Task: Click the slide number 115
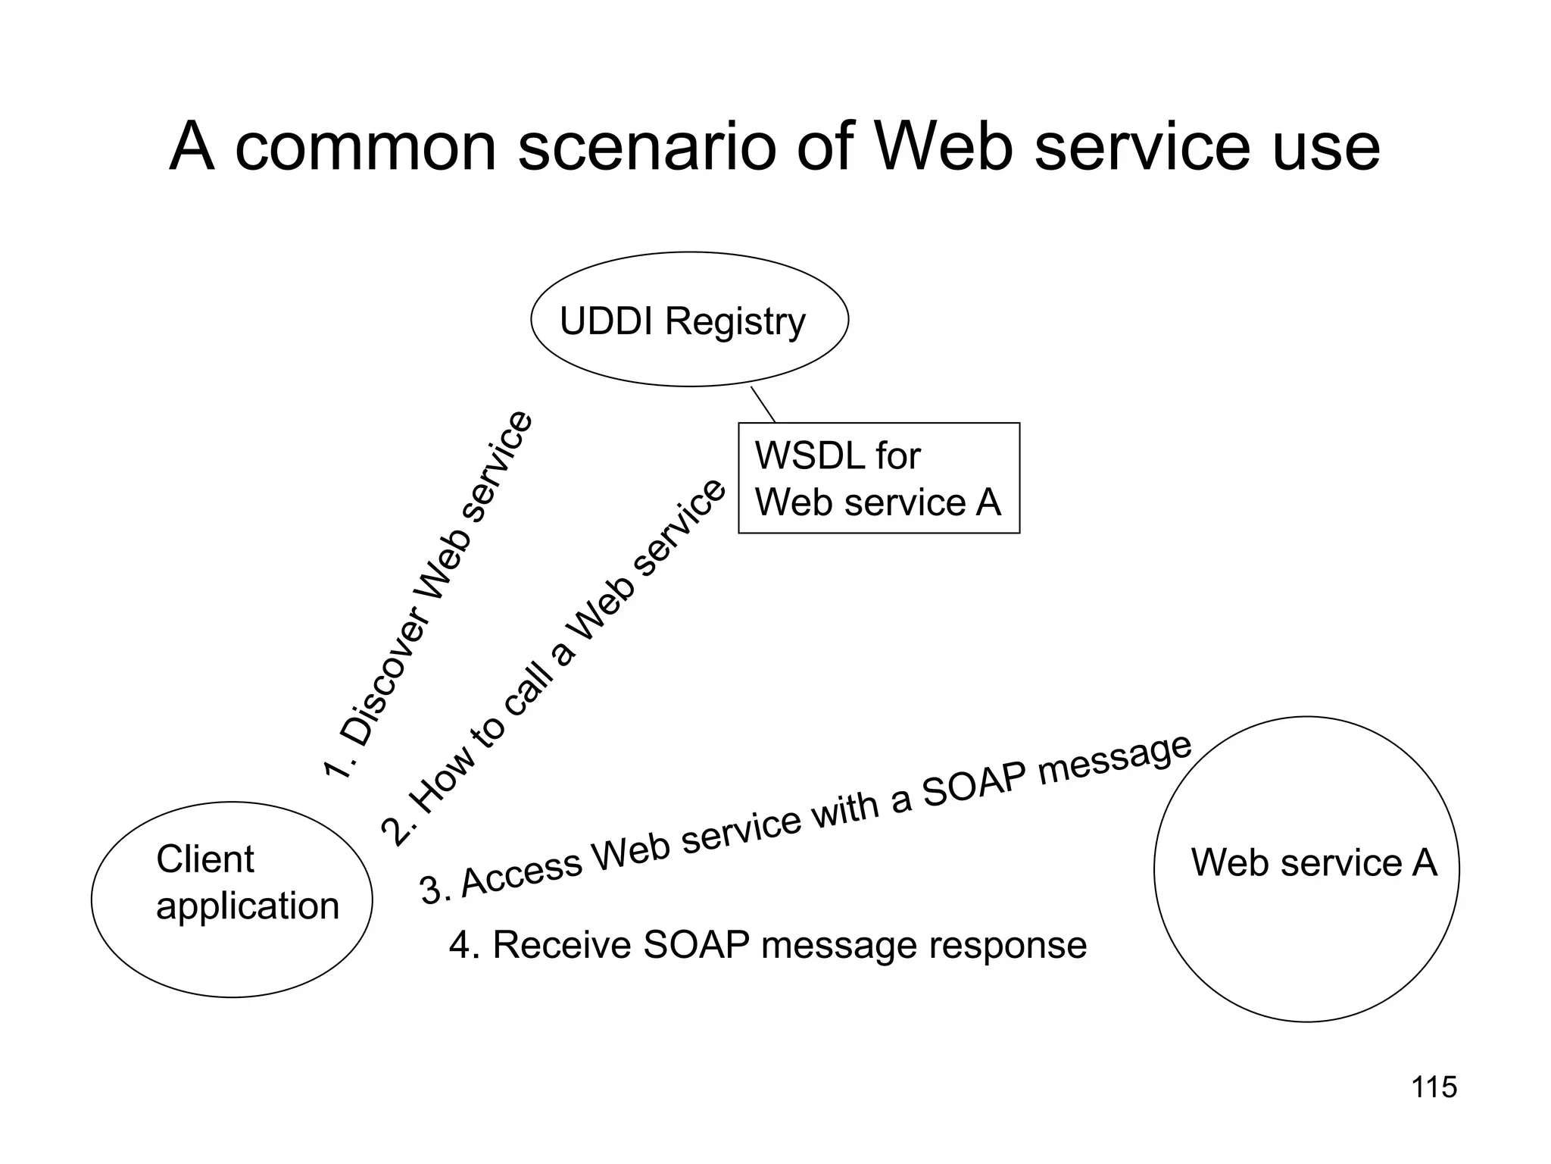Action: click(1434, 1087)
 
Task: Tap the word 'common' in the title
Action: click(366, 148)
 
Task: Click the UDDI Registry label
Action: click(682, 321)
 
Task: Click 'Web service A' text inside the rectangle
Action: click(878, 502)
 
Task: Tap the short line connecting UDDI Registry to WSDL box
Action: click(763, 405)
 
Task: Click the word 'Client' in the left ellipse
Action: click(204, 859)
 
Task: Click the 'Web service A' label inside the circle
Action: click(1313, 862)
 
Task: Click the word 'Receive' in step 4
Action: click(561, 945)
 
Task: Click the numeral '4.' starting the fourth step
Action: click(464, 945)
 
